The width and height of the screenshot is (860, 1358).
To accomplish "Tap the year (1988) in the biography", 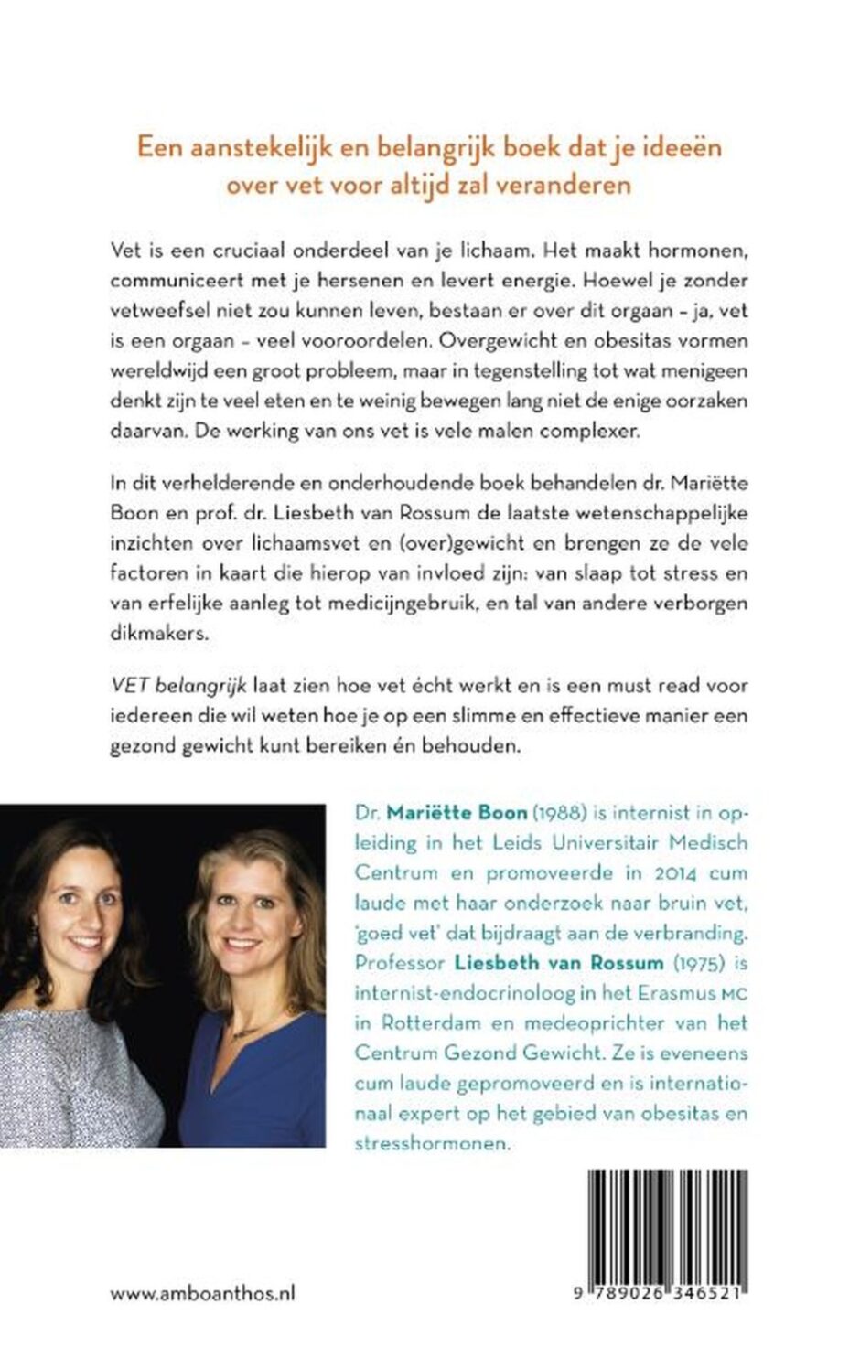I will coord(558,813).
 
